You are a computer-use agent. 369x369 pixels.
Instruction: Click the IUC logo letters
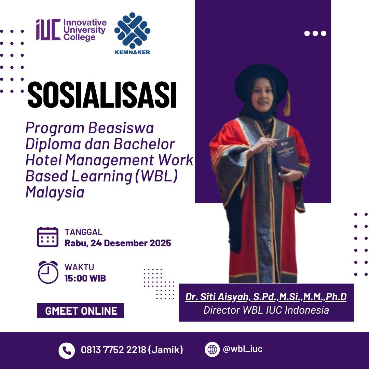pos(48,30)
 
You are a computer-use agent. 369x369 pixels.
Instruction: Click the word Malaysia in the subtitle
pos(55,192)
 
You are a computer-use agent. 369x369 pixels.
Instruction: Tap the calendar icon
pos(47,237)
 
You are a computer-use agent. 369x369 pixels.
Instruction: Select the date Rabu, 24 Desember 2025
pos(118,243)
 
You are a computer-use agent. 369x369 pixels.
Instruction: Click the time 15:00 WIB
pos(85,278)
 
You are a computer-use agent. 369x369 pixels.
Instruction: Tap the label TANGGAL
pos(83,232)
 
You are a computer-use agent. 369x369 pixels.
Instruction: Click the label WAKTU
pos(79,267)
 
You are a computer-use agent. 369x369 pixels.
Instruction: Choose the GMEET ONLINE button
pos(81,311)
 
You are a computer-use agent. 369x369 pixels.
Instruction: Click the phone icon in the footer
pos(67,350)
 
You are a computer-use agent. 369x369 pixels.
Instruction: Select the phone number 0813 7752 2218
pos(114,350)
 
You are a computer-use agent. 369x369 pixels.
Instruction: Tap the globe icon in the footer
pos(212,350)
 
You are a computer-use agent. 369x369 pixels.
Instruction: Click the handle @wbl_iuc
pos(243,349)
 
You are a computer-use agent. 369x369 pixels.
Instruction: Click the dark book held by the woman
pos(288,154)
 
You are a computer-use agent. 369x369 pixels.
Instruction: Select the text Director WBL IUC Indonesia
pos(266,310)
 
